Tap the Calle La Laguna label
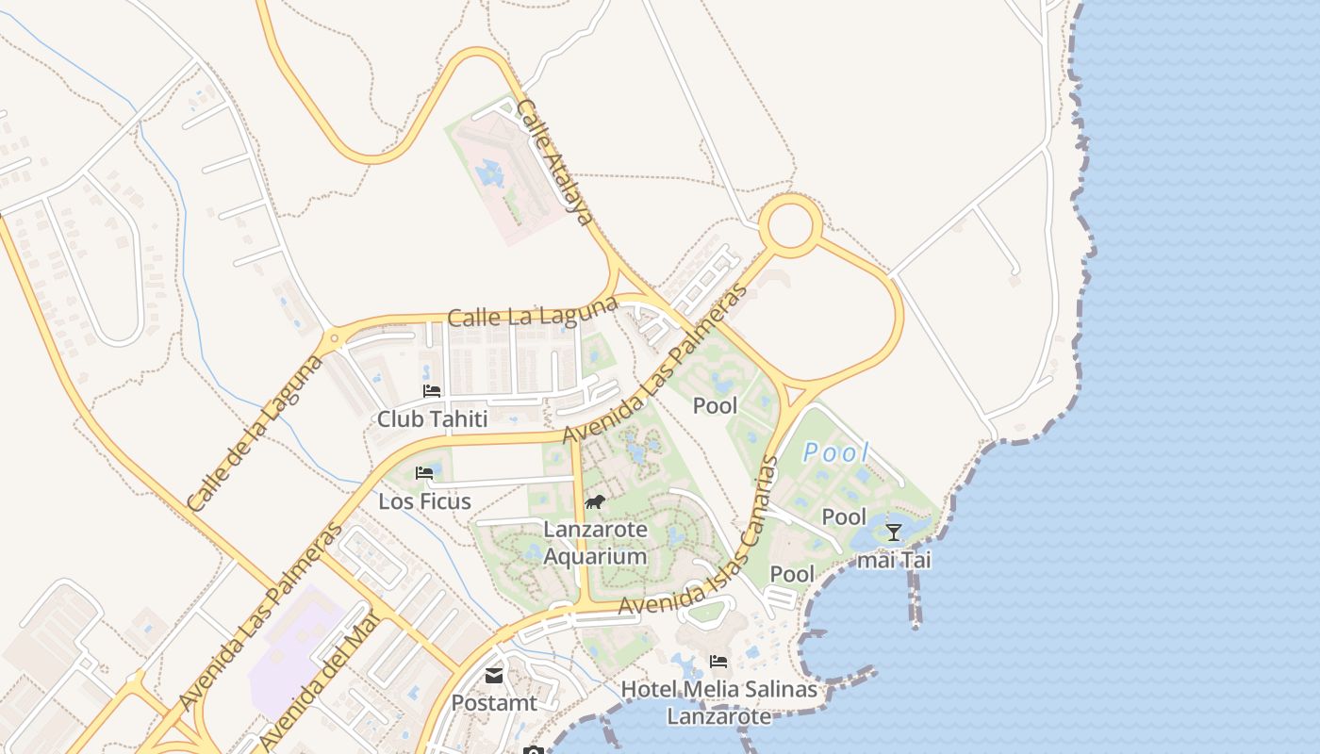[x=533, y=313]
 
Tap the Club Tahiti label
[x=433, y=418]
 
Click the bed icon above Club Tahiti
[x=432, y=390]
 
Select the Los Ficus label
[x=424, y=501]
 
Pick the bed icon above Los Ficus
[x=424, y=473]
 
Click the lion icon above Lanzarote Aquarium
[x=595, y=502]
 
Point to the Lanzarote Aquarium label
[x=596, y=543]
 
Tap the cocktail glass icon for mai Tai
[x=893, y=533]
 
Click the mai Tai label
[x=893, y=560]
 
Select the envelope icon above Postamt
[x=494, y=675]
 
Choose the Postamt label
[x=494, y=703]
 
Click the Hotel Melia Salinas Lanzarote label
[x=718, y=703]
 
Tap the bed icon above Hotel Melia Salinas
[x=718, y=662]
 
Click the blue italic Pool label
[x=835, y=452]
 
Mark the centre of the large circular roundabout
[x=790, y=226]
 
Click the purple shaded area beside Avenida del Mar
[x=292, y=650]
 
